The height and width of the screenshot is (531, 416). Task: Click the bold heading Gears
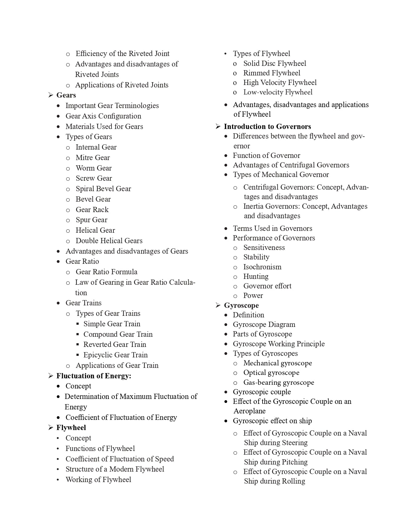coord(66,95)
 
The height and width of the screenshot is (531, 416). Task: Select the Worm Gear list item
coord(94,168)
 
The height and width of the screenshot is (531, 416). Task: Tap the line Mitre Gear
coord(93,158)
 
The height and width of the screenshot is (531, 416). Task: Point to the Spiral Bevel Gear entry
coord(103,189)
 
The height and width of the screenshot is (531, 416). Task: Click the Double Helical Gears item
coord(109,241)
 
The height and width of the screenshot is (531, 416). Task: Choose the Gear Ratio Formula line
coord(106,272)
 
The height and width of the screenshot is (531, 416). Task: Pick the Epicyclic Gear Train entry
coord(116,355)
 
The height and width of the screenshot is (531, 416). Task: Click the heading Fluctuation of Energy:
coord(94,376)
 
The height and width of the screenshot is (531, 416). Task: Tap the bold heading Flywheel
coord(71,428)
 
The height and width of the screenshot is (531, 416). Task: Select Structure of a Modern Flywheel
coord(115,469)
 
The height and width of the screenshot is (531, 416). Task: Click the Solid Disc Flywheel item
coord(275,63)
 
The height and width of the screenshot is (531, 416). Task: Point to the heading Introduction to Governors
coord(267,127)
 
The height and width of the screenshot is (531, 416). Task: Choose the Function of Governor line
coord(266,155)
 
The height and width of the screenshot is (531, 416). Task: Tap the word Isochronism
coord(262,267)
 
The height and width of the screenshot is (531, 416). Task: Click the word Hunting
coord(256,276)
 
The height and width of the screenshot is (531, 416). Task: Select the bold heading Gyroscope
coord(241,305)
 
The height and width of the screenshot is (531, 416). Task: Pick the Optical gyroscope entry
coord(271,373)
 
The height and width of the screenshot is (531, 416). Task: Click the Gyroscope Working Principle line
coord(279,344)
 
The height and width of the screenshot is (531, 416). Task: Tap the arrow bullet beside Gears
coord(51,95)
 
